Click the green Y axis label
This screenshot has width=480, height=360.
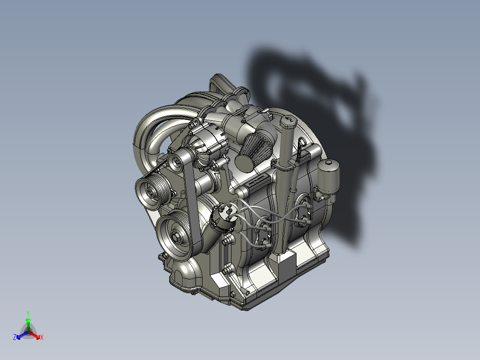pos(28,313)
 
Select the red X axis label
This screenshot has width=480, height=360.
pos(41,338)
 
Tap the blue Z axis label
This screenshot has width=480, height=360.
pos(15,338)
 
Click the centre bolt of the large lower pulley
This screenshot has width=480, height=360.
pos(176,236)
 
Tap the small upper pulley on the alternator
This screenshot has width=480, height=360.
pos(176,162)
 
